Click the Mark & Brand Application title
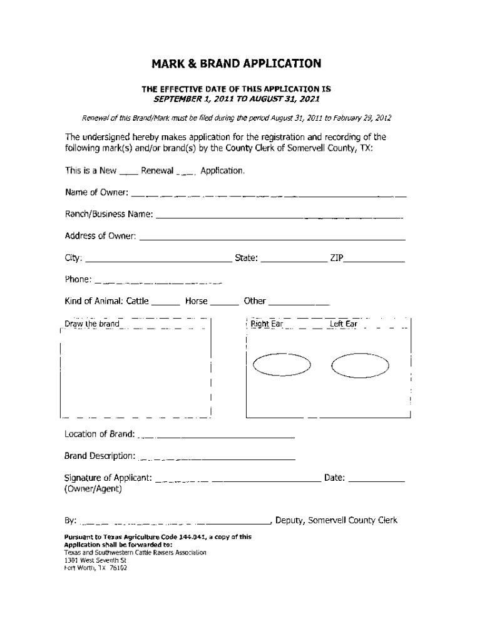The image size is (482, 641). point(237,64)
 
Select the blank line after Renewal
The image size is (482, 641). point(187,173)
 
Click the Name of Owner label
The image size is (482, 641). point(96,192)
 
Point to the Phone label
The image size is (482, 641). point(78,279)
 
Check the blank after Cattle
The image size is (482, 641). point(166,304)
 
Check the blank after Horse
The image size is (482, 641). point(224,304)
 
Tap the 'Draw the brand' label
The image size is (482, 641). point(92,324)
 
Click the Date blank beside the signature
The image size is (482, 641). point(376,481)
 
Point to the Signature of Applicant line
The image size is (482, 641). point(237,481)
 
